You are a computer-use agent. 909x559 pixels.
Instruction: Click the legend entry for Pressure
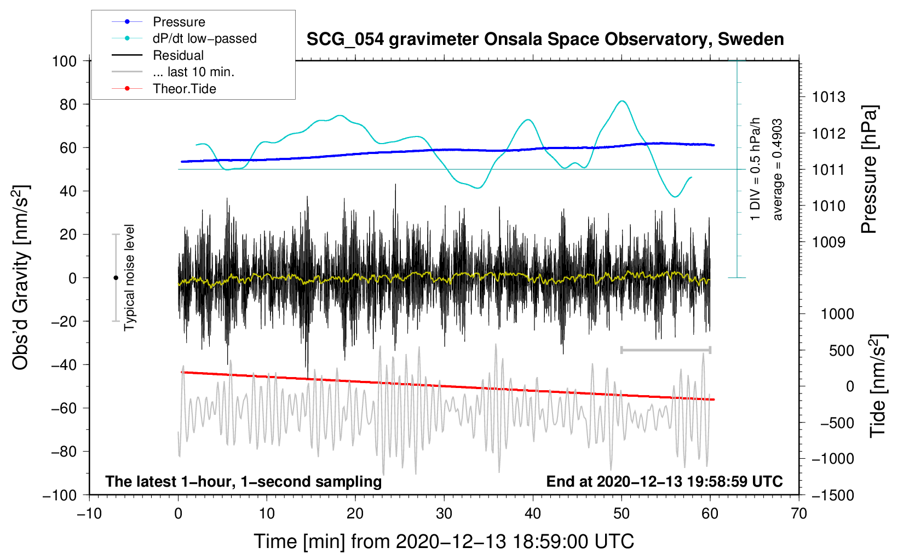point(179,22)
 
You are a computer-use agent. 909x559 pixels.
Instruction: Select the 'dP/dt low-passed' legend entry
point(204,38)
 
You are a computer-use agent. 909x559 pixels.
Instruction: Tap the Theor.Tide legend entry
point(184,89)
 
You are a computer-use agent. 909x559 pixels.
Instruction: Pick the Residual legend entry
point(178,55)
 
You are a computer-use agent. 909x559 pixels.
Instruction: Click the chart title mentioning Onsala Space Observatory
point(545,39)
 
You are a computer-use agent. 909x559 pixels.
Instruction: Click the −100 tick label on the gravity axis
point(60,495)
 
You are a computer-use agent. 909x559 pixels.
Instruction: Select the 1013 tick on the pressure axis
point(829,98)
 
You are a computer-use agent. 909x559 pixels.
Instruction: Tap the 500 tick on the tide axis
point(841,351)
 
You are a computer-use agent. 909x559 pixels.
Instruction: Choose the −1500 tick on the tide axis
point(833,495)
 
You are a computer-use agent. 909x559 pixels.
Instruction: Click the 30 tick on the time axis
point(444,514)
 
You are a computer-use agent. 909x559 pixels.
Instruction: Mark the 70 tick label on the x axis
point(799,514)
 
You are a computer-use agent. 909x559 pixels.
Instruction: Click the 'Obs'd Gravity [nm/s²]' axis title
point(21,277)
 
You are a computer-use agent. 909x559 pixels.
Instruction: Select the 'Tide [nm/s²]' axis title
point(878,386)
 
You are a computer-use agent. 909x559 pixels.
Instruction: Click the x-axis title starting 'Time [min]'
point(444,541)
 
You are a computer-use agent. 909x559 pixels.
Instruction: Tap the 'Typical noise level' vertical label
point(129,277)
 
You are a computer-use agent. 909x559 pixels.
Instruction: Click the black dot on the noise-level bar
point(116,278)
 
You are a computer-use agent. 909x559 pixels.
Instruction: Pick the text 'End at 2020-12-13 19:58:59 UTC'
point(664,482)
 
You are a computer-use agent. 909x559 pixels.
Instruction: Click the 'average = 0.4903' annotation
point(778,170)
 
